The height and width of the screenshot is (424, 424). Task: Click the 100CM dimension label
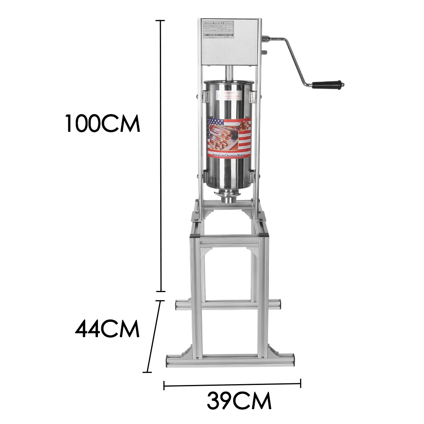click(102, 123)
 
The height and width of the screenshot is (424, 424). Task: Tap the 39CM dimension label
click(239, 400)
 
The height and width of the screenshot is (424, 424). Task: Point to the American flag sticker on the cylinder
click(229, 138)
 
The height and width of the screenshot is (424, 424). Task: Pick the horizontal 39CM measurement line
click(232, 385)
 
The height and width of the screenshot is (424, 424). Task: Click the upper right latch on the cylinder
click(253, 98)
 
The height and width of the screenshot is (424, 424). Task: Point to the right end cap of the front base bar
click(292, 360)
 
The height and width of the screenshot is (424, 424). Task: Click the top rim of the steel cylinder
click(229, 81)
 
